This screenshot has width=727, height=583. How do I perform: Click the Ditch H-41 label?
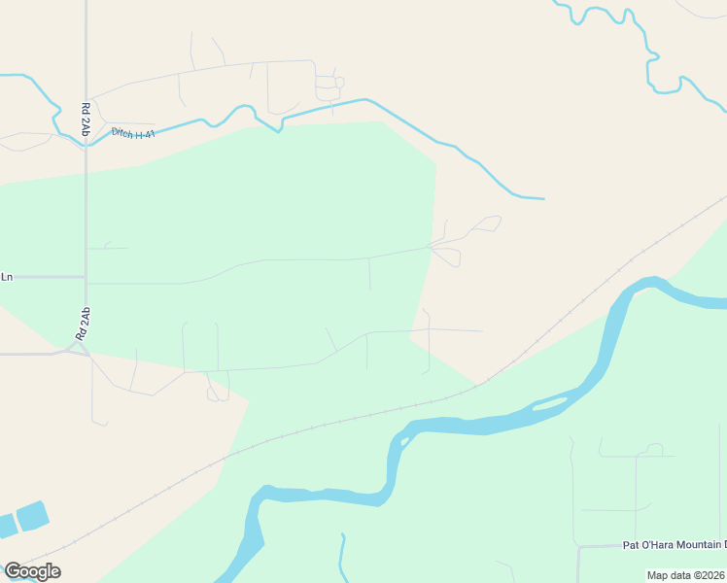click(x=133, y=133)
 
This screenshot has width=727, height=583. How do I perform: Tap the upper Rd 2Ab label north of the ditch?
click(x=86, y=118)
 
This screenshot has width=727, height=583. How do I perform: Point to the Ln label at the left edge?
click(x=7, y=277)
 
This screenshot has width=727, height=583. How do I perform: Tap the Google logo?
click(x=32, y=571)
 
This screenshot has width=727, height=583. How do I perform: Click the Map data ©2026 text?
click(x=685, y=575)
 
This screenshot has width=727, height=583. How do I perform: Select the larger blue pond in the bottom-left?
click(x=32, y=515)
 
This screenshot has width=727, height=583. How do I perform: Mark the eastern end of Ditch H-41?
click(x=542, y=198)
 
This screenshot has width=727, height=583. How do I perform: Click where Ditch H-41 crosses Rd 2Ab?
click(x=86, y=142)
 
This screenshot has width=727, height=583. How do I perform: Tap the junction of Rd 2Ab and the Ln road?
click(x=86, y=278)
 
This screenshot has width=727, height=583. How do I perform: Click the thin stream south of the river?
click(x=342, y=559)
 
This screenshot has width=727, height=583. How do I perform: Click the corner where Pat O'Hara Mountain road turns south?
click(x=579, y=548)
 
